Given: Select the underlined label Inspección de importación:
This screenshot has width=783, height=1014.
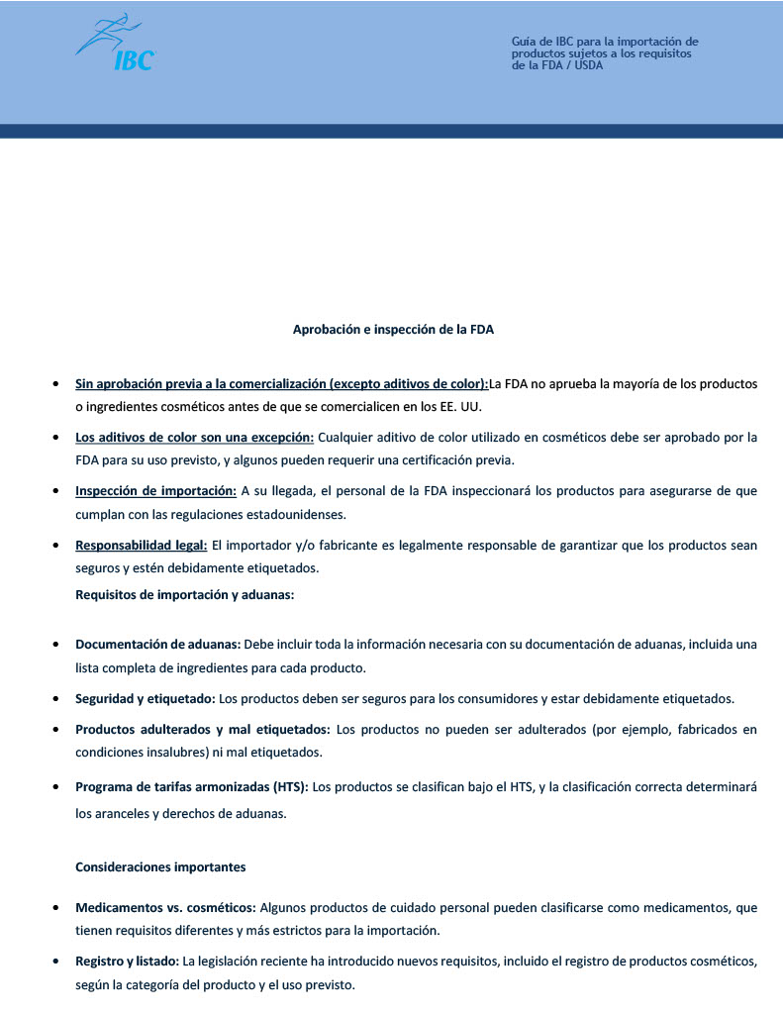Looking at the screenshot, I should [155, 490].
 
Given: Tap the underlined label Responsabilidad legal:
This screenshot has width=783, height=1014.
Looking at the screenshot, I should [141, 545].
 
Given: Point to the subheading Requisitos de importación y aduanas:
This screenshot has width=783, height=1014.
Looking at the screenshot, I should [185, 595].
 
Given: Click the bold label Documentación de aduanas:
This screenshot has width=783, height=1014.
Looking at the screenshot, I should [158, 644].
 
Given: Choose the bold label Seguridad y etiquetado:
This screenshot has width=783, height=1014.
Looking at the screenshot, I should [146, 698].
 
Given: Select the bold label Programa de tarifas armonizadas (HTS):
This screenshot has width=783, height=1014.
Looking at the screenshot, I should [192, 787].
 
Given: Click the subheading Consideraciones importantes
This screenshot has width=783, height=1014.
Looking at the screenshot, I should [160, 866].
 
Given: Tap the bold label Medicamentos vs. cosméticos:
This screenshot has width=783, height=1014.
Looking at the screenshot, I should [165, 907].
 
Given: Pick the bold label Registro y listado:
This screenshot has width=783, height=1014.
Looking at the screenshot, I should [127, 961].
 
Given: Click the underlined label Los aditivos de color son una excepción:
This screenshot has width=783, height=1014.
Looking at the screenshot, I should [194, 437].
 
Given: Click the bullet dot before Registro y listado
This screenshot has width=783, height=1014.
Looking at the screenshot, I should [53, 962].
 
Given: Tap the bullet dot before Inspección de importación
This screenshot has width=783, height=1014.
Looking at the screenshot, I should [53, 491].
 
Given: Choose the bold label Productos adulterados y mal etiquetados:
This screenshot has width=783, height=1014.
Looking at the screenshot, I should [203, 729].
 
